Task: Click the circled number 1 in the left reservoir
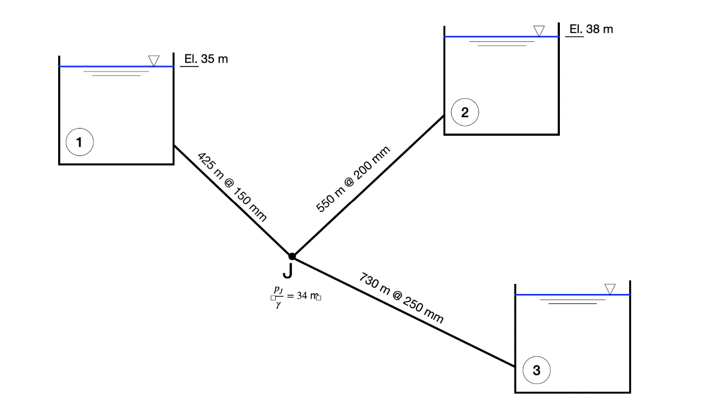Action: [x=79, y=142]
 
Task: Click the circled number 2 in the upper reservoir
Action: [x=465, y=112]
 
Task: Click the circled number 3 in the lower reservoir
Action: [x=536, y=369]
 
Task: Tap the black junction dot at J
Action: [x=291, y=256]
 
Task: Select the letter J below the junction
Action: [x=287, y=270]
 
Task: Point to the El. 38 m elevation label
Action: [x=591, y=29]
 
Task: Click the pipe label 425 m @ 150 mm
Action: [x=232, y=187]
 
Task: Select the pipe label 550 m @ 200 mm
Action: [x=353, y=178]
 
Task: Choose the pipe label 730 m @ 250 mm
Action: [x=402, y=298]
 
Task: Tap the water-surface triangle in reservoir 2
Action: [x=539, y=31]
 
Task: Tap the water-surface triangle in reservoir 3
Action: [x=610, y=288]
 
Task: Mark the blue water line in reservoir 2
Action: [x=492, y=37]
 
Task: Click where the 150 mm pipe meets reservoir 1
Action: [x=174, y=145]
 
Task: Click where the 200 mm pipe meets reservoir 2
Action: [x=444, y=116]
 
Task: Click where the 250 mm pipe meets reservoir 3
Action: [x=515, y=367]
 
